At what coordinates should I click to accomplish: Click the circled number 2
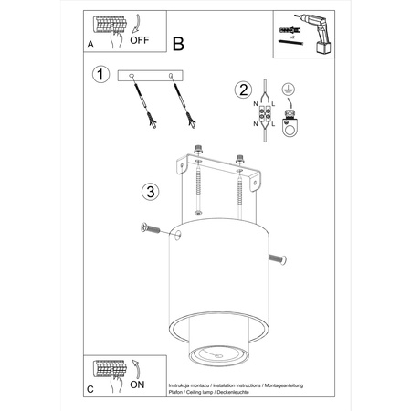(242, 89)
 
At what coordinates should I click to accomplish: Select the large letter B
(178, 43)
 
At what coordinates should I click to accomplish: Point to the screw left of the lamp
(148, 227)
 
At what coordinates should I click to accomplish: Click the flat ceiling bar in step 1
(152, 76)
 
